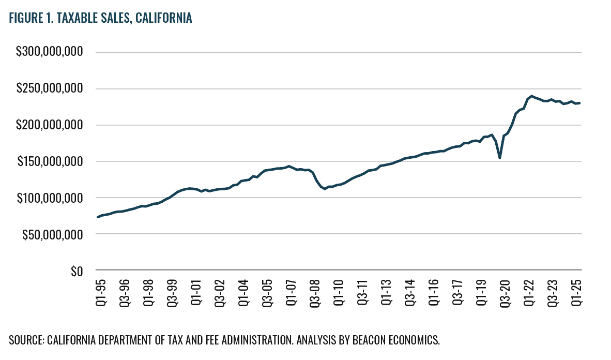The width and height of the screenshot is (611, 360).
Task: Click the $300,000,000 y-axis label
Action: (49, 51)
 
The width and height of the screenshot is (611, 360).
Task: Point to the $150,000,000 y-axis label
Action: (50, 161)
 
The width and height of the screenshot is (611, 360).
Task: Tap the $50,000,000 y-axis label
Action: (52, 234)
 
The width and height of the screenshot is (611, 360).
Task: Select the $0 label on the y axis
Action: (77, 271)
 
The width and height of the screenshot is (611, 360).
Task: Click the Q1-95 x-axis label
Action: (101, 292)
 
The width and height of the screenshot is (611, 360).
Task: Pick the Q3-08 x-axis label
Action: (315, 293)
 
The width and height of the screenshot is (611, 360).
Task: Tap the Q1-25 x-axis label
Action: (576, 292)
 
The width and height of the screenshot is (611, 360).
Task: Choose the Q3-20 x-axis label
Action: (505, 293)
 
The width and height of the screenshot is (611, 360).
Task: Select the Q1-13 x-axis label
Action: (386, 292)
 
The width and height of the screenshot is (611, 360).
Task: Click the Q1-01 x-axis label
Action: (196, 292)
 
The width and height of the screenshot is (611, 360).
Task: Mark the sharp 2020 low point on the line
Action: (499, 158)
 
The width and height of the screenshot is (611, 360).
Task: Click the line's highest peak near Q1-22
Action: (531, 96)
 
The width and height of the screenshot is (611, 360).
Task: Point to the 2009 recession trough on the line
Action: (325, 189)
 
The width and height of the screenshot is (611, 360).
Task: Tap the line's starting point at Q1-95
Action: (97, 217)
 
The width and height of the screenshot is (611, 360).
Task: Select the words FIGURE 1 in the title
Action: (31, 18)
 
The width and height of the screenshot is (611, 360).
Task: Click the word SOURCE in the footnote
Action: (26, 340)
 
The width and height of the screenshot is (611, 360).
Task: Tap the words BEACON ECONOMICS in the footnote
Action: (396, 340)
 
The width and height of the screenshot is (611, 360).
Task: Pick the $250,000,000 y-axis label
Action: (50, 88)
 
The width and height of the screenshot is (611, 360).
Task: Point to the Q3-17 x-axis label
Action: (457, 293)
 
